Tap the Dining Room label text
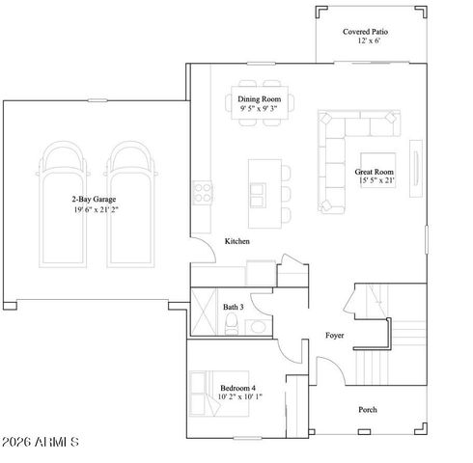259,97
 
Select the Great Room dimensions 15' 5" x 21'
376,180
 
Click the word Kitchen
237,241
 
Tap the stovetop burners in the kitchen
204,192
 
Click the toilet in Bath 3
232,326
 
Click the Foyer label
334,336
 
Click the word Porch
367,409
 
